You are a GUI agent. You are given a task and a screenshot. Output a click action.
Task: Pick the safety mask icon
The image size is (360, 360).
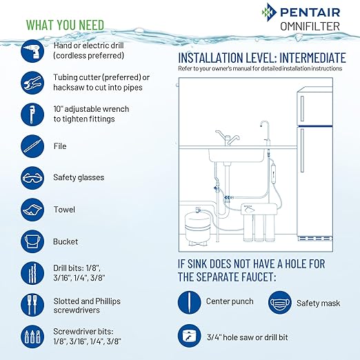[x=276, y=301]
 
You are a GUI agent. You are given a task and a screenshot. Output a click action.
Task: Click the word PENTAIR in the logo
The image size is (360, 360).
[x=312, y=12]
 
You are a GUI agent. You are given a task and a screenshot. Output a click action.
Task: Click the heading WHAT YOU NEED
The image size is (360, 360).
[x=66, y=25]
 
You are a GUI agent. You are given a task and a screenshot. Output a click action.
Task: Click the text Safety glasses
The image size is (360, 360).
[x=79, y=177]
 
